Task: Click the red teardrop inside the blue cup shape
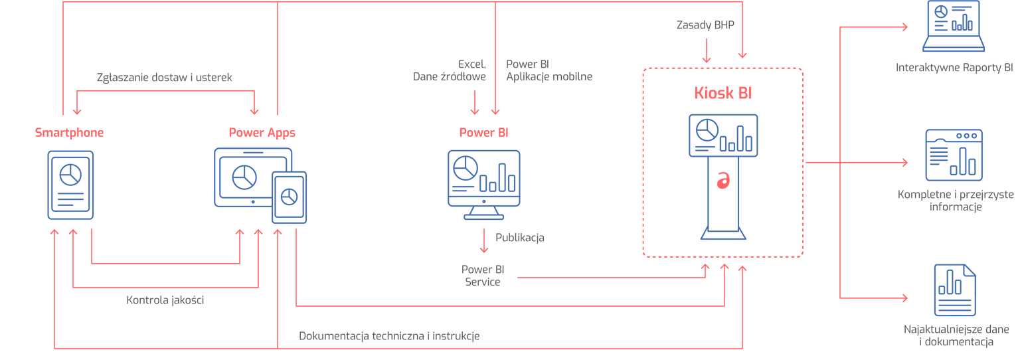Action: pos(723,183)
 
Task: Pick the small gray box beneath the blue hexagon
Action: pos(165,310)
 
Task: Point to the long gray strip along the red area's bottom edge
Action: pos(392,330)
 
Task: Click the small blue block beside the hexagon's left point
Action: pos(90,186)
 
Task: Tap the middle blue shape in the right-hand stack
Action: pos(956,143)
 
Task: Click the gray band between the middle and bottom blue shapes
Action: pos(930,213)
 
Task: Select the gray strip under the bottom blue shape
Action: pos(943,335)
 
